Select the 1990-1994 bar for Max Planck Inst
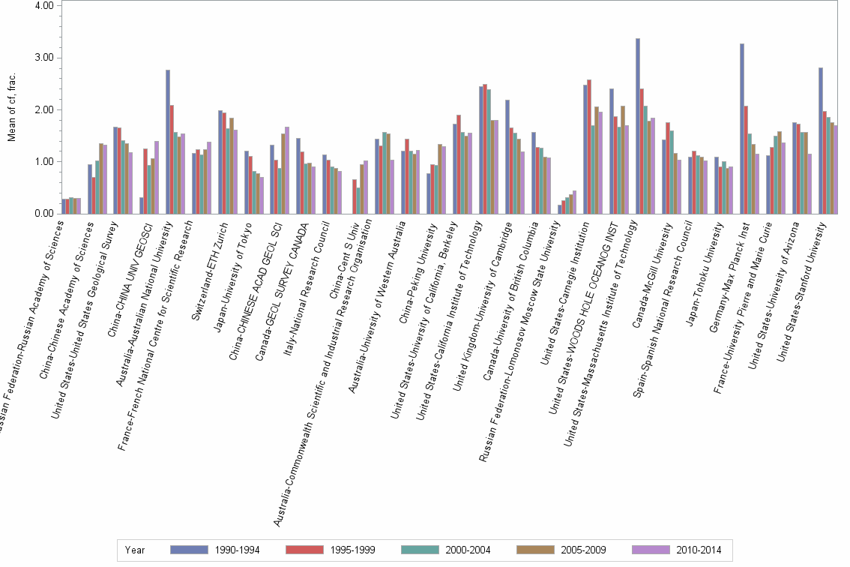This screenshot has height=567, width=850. (742, 128)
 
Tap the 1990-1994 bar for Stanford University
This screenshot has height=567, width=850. (821, 140)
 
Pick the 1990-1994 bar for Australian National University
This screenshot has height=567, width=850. (168, 142)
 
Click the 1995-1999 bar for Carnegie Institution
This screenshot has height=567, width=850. (589, 146)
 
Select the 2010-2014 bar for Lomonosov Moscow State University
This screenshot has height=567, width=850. (575, 202)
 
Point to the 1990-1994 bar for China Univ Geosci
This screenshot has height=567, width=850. (142, 205)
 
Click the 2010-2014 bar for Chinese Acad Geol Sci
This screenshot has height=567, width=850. (287, 170)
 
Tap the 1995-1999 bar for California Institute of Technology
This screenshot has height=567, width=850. (485, 148)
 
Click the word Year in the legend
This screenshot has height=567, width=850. (136, 550)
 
